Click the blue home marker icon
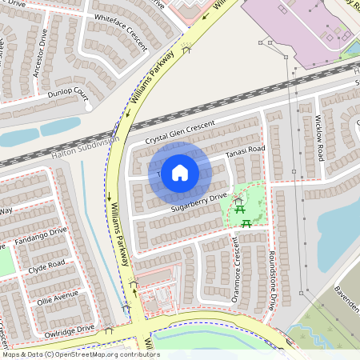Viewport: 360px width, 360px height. (x=180, y=172)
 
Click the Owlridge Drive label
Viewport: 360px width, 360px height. (x=69, y=329)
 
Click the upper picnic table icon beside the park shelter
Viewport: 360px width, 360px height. (x=240, y=210)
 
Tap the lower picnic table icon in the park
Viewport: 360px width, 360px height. (x=247, y=223)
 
